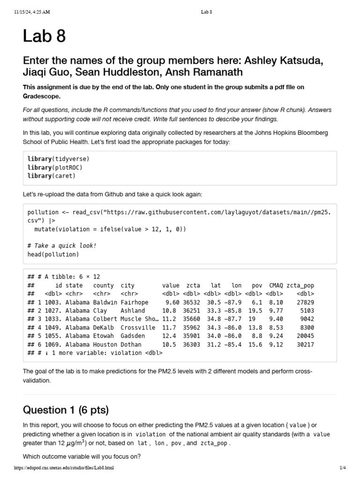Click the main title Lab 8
pos(45,36)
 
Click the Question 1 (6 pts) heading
pos(66,410)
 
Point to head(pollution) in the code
pos(53,255)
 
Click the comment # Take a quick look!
pos(62,246)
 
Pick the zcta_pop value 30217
pos(305,345)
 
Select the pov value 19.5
pos(255,311)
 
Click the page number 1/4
pos(342,468)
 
